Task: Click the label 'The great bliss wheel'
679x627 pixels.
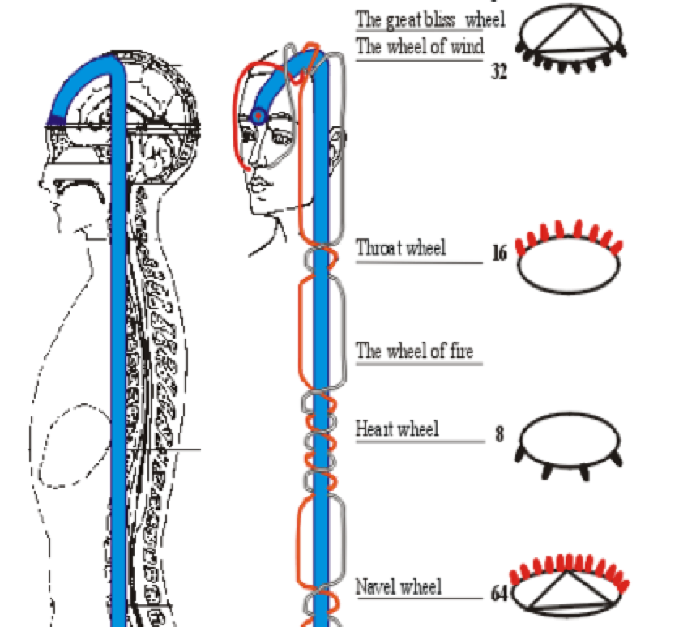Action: (x=429, y=19)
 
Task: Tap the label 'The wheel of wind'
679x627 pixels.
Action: (x=420, y=46)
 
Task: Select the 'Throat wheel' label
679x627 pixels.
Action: (x=401, y=247)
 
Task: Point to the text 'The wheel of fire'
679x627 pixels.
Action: (x=415, y=351)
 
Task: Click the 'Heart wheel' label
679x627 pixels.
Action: (x=397, y=428)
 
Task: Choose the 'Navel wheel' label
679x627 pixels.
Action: (x=399, y=586)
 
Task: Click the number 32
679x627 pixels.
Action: (x=498, y=73)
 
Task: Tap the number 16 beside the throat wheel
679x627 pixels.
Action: (x=499, y=254)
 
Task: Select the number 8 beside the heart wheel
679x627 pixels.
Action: (x=499, y=435)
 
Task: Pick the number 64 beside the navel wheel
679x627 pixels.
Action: (x=500, y=594)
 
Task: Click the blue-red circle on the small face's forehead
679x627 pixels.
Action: (x=258, y=117)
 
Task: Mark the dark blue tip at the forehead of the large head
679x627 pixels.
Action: (x=55, y=121)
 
